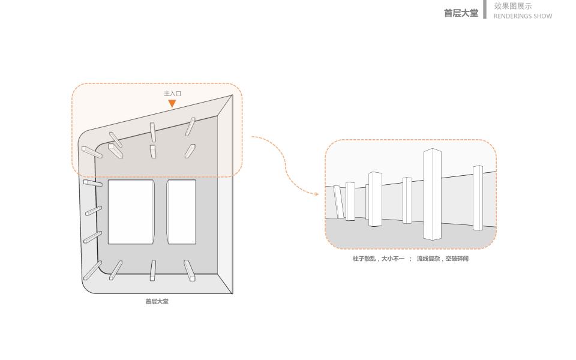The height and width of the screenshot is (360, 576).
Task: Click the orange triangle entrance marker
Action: pyautogui.click(x=172, y=104)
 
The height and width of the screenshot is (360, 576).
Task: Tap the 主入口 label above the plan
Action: pyautogui.click(x=172, y=94)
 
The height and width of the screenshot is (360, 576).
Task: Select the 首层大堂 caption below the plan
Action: pyautogui.click(x=157, y=301)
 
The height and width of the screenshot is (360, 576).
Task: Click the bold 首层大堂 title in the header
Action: pyautogui.click(x=461, y=13)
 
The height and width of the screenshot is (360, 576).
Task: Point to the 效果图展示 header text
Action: pyautogui.click(x=512, y=6)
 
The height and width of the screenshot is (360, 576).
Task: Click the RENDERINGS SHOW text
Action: pyautogui.click(x=523, y=16)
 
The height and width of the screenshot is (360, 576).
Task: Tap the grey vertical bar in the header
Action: pyautogui.click(x=485, y=9)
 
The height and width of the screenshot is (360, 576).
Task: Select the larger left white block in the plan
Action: pyautogui.click(x=131, y=212)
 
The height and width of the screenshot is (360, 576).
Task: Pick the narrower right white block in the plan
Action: pyautogui.click(x=181, y=212)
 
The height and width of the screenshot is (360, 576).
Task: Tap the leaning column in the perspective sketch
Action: pyautogui.click(x=338, y=202)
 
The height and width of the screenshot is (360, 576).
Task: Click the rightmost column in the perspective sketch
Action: pyautogui.click(x=478, y=197)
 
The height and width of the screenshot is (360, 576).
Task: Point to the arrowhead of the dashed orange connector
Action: pyautogui.click(x=317, y=194)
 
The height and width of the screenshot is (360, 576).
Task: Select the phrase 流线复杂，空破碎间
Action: pyautogui.click(x=442, y=259)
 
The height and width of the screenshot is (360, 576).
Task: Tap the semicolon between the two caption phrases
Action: pyautogui.click(x=411, y=259)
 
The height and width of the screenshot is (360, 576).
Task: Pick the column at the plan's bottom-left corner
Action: pyautogui.click(x=92, y=270)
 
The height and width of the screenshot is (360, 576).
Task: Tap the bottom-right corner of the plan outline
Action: pyautogui.click(x=232, y=293)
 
